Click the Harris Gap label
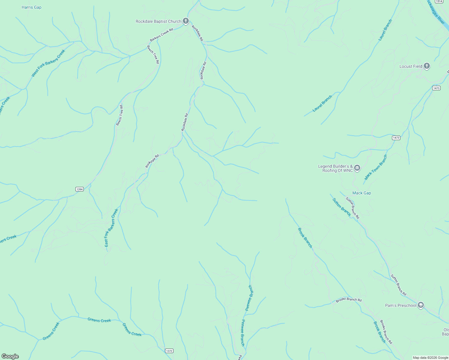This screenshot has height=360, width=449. (32, 7)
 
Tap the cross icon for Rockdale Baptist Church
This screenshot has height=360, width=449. (186, 21)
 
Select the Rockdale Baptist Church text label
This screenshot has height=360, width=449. (158, 21)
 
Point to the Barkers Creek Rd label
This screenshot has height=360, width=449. (161, 35)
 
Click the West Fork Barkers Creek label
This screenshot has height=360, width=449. (48, 63)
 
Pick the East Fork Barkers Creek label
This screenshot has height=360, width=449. (111, 228)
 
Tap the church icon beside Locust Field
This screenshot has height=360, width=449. (427, 66)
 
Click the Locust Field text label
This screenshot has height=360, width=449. (411, 66)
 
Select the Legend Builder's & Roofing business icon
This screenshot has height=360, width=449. (357, 168)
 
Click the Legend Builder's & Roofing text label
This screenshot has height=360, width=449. (336, 168)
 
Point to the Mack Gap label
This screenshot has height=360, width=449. (361, 193)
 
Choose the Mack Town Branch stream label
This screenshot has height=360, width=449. (376, 167)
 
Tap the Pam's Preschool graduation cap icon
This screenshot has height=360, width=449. (421, 305)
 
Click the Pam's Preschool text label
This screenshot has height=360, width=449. (400, 305)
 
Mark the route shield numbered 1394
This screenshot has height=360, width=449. (79, 189)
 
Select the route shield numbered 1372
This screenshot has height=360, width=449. (169, 351)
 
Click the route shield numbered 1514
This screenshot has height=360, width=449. (439, 1)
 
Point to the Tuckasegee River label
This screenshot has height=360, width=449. (437, 13)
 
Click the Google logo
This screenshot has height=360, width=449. (10, 356)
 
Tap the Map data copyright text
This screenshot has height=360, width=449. (430, 358)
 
